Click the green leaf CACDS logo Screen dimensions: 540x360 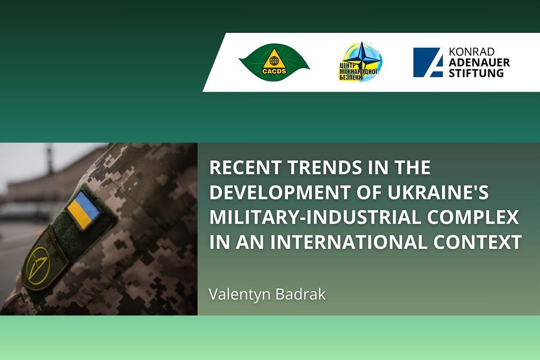[x=274, y=63]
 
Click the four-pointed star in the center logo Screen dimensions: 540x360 [x=361, y=59]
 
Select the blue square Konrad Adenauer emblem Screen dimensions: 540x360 [x=428, y=63]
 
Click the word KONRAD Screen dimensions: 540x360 [x=472, y=52]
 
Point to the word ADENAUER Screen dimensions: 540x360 [x=479, y=63]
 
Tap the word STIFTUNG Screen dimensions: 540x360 [x=476, y=73]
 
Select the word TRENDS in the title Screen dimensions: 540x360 [x=325, y=167]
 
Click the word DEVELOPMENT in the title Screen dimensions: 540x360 [x=280, y=192]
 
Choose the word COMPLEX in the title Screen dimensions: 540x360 [x=473, y=217]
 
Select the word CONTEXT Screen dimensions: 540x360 [x=477, y=242]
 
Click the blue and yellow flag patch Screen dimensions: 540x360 [x=83, y=210]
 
